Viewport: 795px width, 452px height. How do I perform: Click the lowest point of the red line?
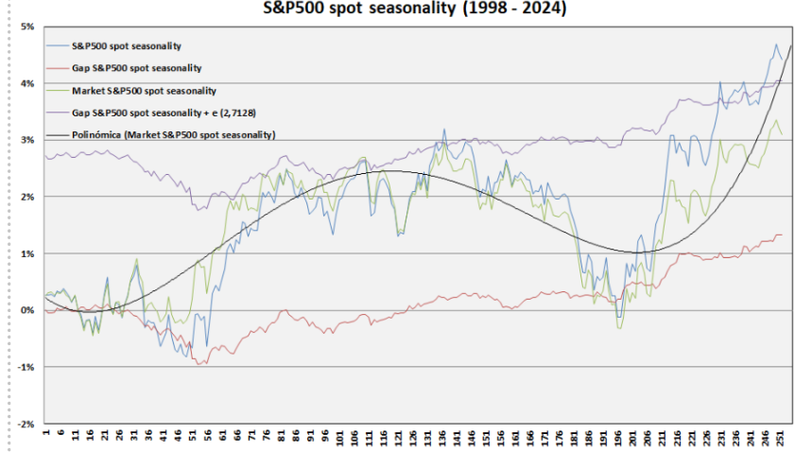[x=199, y=364]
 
